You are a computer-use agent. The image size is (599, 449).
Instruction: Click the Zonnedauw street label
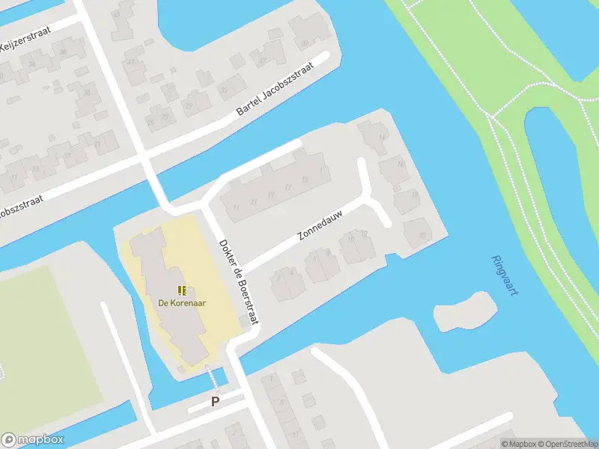coord(320,224)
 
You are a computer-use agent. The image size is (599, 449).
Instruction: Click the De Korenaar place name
coord(182,303)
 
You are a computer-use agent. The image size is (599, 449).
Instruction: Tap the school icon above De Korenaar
coord(182,290)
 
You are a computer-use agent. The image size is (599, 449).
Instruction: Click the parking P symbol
coord(215,402)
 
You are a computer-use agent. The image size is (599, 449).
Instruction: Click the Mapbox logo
coord(33,440)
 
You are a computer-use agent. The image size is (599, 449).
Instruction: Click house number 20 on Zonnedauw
coord(422,235)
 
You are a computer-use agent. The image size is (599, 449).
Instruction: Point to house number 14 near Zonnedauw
coord(383,138)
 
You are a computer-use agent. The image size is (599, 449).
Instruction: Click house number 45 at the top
coord(115,14)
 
